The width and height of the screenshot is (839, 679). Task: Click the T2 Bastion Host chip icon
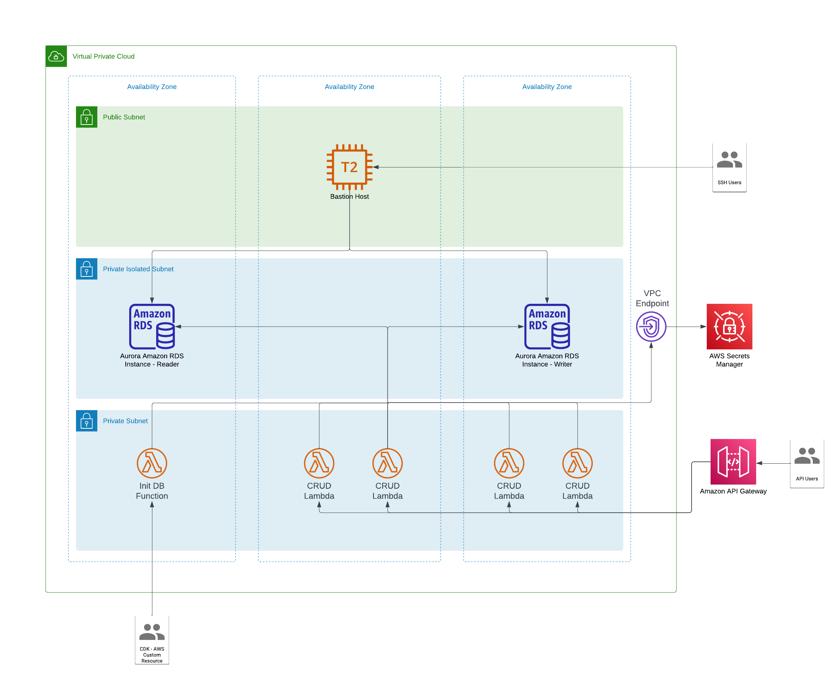(349, 167)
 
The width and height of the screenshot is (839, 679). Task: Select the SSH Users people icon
(729, 159)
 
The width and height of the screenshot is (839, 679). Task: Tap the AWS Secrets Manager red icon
(729, 327)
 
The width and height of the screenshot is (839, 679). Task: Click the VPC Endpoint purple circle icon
(651, 327)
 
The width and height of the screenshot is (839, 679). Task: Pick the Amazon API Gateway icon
(733, 461)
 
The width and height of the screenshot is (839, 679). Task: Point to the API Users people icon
(807, 456)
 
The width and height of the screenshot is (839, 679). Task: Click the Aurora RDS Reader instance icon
(152, 327)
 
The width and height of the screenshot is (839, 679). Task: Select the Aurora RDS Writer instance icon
(547, 327)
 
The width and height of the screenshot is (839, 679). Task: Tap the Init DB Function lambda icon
(152, 463)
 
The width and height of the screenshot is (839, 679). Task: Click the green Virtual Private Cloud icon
(56, 56)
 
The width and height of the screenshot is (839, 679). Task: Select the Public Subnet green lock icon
(87, 117)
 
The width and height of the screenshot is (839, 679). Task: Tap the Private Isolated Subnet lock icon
(87, 269)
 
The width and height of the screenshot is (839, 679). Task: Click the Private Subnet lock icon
(87, 421)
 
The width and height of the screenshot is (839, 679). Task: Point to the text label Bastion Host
(349, 196)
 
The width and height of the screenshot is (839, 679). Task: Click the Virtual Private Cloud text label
(103, 56)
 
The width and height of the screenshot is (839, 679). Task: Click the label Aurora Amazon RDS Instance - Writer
(547, 360)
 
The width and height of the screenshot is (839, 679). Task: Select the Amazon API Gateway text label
(733, 491)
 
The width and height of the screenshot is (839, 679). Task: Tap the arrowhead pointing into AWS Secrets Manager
(703, 327)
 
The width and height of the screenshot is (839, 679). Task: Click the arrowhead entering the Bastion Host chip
(376, 167)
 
